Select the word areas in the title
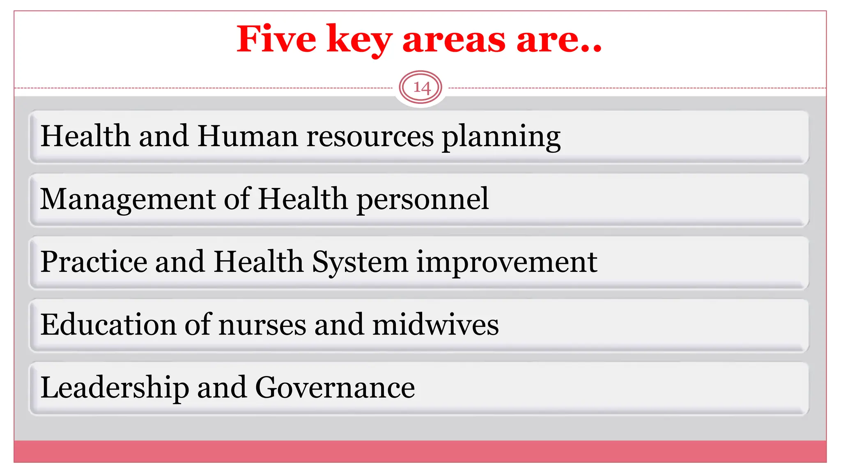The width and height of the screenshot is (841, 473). tap(454, 40)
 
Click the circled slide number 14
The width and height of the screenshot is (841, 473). tap(420, 87)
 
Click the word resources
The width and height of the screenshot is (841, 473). tap(370, 137)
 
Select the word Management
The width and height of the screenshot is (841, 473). tap(127, 200)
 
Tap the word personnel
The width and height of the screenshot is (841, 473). tap(423, 200)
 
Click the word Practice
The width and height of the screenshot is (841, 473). tap(94, 262)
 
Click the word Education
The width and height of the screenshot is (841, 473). tap(108, 325)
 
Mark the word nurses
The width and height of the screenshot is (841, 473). tap(262, 325)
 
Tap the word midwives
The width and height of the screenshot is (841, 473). tap(435, 325)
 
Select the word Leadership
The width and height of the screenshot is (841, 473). tap(115, 388)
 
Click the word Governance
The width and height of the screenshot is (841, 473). tap(335, 388)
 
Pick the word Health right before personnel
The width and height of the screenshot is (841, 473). tap(303, 199)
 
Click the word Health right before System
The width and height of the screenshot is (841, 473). tap(258, 262)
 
